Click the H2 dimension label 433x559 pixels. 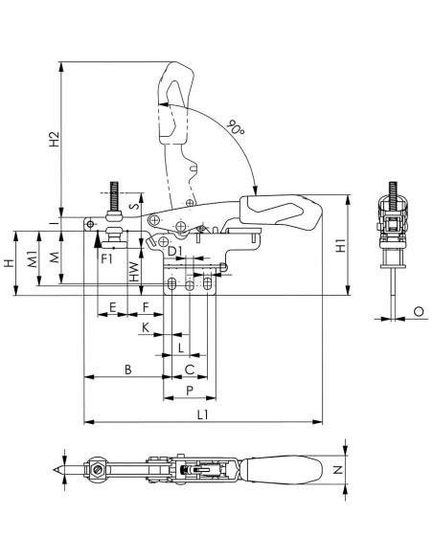coord(54,140)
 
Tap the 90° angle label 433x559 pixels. coord(236,127)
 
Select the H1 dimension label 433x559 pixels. coord(341,246)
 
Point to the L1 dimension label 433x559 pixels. coord(202,414)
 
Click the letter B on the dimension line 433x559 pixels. coord(128,369)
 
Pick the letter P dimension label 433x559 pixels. coord(190,391)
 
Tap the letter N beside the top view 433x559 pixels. coord(338,470)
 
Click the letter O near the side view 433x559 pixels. coord(419,312)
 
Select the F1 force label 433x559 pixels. coord(106,258)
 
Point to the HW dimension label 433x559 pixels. coord(134,272)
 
